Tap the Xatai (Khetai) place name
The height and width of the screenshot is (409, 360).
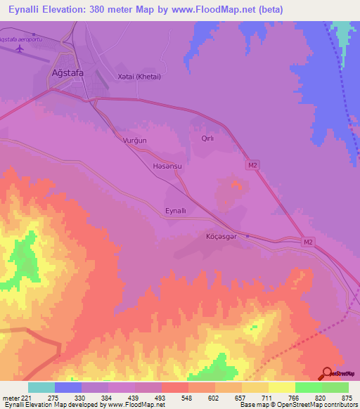(x=139, y=77)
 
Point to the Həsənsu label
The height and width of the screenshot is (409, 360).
(x=167, y=167)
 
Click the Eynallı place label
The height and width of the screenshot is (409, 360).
(x=175, y=211)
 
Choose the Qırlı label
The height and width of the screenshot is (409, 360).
(x=207, y=138)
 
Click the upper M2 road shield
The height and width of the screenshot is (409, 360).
(x=252, y=165)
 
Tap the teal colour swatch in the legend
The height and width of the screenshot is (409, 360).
(x=41, y=387)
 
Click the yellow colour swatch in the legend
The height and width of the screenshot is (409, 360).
(x=281, y=387)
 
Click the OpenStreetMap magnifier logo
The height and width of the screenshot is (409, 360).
(x=327, y=373)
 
